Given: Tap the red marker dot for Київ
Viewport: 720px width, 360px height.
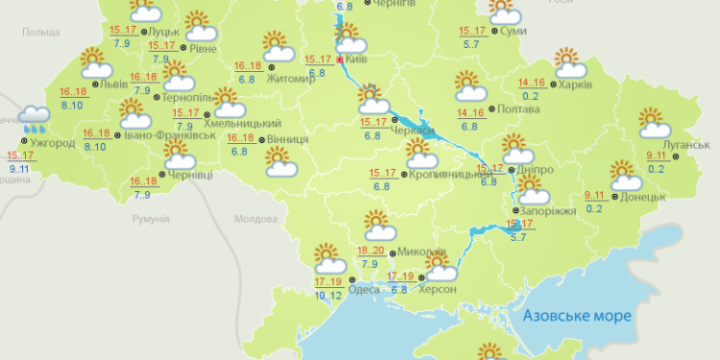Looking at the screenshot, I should [x=339, y=59].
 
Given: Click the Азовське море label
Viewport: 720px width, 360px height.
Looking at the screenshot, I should [x=577, y=315].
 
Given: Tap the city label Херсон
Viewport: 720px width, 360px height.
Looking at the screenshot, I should [x=438, y=288].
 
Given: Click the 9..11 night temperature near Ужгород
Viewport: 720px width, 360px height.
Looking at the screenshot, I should [x=18, y=168].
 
